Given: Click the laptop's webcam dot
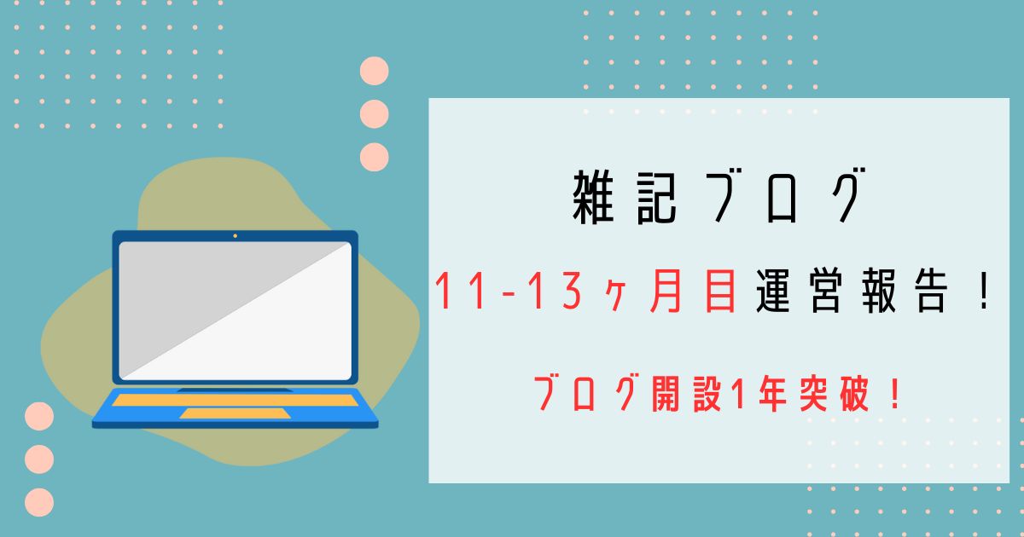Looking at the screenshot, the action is point(235,236).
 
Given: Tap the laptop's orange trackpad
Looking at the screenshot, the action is point(235,413).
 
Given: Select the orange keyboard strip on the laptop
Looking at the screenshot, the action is point(235,401).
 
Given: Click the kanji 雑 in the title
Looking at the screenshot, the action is point(593,198).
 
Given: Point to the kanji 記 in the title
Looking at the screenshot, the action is point(656,198).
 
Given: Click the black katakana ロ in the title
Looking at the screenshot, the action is point(783,201).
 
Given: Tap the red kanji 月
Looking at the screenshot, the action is point(666,291).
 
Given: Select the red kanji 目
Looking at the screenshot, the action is point(720,291).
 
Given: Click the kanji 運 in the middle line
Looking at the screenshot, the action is point(773,291).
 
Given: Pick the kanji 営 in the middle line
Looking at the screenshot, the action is point(826,291).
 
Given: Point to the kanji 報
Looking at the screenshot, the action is point(879,291).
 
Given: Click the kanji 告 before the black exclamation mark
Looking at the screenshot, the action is point(932,291).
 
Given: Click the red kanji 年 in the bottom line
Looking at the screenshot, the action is point(772,393).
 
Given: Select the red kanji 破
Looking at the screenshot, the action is point(854,393).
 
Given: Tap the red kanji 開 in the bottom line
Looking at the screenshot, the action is point(665,393).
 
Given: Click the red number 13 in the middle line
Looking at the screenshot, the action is point(554,291).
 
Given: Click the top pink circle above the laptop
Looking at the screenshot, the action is point(375,71).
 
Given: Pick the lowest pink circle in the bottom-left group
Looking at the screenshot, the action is point(39,502).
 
